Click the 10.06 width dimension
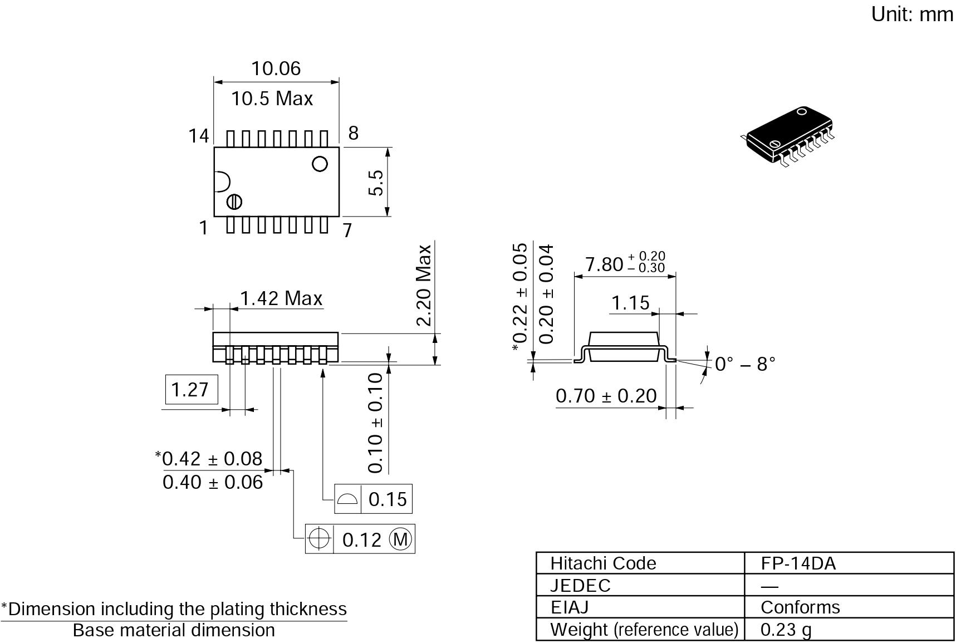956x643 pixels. point(276,68)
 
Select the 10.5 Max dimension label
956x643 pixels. point(272,99)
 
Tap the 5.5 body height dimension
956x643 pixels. point(376,182)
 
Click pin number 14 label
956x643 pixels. point(199,136)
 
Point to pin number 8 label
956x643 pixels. point(354,133)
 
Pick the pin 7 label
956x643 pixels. point(347,230)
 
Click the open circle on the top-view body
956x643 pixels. point(320,164)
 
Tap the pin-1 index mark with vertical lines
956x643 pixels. point(234,201)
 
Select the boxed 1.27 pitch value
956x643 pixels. point(190,389)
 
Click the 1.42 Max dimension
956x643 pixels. point(281,298)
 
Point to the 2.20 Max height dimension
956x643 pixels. point(424,285)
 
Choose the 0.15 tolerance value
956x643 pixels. point(388,499)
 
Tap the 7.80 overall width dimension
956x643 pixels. point(625,263)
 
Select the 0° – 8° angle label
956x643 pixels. point(745,364)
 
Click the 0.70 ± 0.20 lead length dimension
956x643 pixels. point(606,396)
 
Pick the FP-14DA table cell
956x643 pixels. point(798,563)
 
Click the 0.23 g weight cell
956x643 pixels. point(786,630)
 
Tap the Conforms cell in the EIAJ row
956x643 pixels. point(800,607)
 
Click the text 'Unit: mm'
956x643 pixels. point(913,14)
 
